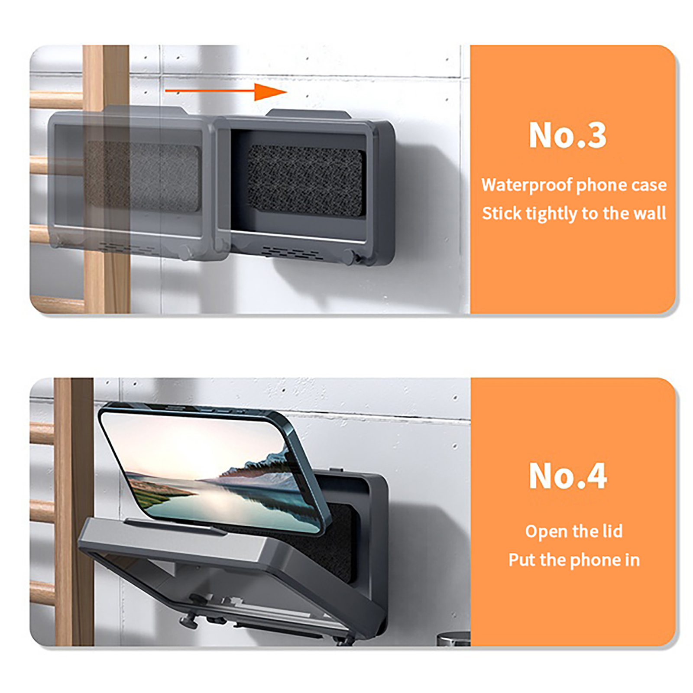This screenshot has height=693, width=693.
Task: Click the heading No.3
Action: (x=567, y=135)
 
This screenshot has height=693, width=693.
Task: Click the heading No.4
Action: (x=568, y=476)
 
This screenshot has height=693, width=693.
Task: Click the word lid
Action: (x=612, y=531)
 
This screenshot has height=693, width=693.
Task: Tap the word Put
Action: (x=522, y=560)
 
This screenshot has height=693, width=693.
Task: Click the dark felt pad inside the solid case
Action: (x=305, y=180)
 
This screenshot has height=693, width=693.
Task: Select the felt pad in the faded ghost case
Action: (x=143, y=175)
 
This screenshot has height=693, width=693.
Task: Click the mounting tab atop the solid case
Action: (x=308, y=113)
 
